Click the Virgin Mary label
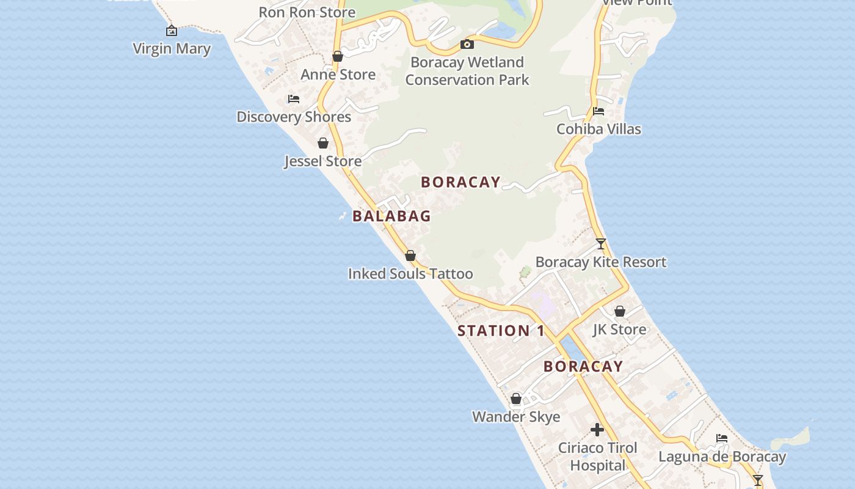pyautogui.click(x=172, y=49)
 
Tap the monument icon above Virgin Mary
pyautogui.click(x=172, y=30)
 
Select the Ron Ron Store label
pyautogui.click(x=307, y=12)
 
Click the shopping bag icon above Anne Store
pyautogui.click(x=338, y=57)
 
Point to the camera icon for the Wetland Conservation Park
pyautogui.click(x=467, y=44)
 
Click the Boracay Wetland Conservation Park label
pyautogui.click(x=467, y=71)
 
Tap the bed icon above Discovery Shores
pyautogui.click(x=294, y=99)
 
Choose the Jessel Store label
pyautogui.click(x=323, y=161)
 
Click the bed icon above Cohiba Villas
pyautogui.click(x=598, y=111)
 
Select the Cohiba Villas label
pyautogui.click(x=598, y=129)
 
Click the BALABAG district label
pyautogui.click(x=391, y=216)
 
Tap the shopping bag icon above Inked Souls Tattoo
pyautogui.click(x=410, y=256)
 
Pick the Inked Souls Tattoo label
pyautogui.click(x=410, y=274)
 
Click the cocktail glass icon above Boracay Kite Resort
pyautogui.click(x=601, y=244)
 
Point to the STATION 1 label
pyautogui.click(x=501, y=331)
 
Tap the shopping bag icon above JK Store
pyautogui.click(x=620, y=312)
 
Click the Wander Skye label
pyautogui.click(x=516, y=417)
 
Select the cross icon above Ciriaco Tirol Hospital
pyautogui.click(x=597, y=430)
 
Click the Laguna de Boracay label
pyautogui.click(x=722, y=457)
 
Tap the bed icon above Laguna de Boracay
pyautogui.click(x=722, y=438)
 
